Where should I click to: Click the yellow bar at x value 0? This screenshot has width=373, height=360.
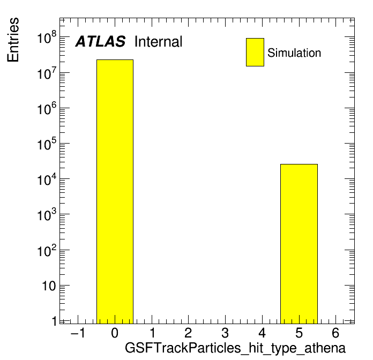[115, 191]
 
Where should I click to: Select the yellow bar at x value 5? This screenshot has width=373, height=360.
[299, 244]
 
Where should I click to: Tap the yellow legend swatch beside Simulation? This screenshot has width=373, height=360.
[255, 52]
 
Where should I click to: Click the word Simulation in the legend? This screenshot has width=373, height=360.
[294, 53]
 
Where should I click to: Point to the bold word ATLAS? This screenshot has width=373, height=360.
[100, 42]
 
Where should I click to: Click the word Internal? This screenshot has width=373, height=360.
[159, 42]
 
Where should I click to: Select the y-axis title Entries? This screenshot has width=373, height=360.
[13, 40]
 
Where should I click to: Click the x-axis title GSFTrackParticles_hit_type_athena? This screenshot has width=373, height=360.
[235, 348]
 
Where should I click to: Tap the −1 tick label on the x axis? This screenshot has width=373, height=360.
[78, 333]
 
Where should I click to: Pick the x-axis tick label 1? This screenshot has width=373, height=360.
[153, 333]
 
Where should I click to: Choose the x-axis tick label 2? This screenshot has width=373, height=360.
[188, 333]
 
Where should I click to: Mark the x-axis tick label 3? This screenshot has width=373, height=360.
[225, 333]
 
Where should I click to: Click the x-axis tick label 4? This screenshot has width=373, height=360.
[262, 333]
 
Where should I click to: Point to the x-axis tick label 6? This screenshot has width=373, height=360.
[335, 333]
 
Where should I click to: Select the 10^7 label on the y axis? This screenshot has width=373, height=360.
[47, 73]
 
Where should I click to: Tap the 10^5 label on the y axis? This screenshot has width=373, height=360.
[47, 144]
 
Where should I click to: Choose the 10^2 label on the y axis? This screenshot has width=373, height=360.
[47, 250]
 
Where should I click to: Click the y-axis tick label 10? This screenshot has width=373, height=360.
[49, 286]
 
